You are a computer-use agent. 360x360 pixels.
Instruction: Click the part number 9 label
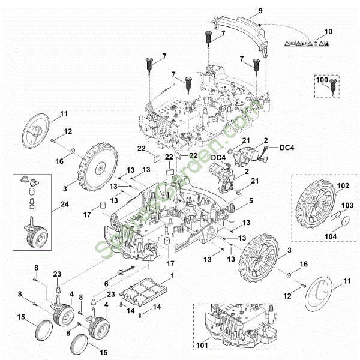point(260,10)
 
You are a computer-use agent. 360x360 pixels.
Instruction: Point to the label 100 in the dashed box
point(322,79)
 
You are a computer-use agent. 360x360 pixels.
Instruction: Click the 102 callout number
point(342,185)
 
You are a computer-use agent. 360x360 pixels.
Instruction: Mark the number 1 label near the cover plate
point(173,275)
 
